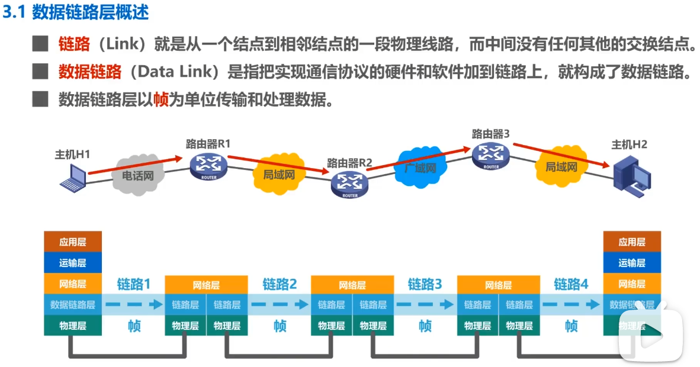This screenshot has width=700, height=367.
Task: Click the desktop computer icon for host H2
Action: point(631,175)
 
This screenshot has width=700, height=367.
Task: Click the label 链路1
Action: point(133,284)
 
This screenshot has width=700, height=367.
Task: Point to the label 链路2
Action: point(280,284)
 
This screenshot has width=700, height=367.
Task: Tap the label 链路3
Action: point(425,284)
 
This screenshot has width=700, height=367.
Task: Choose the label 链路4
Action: point(571,284)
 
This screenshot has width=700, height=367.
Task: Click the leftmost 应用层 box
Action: point(73,242)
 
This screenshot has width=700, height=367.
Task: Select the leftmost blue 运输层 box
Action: point(73,263)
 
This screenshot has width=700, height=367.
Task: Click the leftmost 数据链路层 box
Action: point(73,305)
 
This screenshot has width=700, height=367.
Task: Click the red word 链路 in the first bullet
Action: point(74,44)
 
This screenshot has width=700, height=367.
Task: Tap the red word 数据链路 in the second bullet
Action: point(89,72)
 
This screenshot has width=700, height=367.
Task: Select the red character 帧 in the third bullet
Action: point(160,99)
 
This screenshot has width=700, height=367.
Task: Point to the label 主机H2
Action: point(629,144)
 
